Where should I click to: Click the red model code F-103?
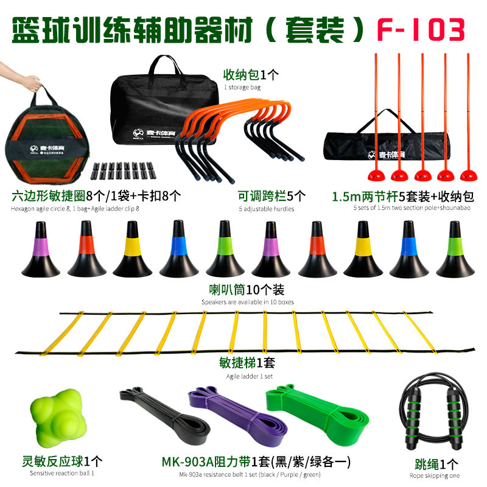[421, 29]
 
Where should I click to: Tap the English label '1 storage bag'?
[242, 87]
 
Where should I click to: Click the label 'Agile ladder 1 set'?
[250, 376]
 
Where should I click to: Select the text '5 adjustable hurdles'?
[267, 209]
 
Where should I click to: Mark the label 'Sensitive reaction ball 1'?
[62, 474]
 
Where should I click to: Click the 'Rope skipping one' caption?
[435, 476]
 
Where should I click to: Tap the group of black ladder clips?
[124, 170]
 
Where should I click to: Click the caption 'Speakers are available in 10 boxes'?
[248, 302]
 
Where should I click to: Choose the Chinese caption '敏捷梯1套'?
[247, 363]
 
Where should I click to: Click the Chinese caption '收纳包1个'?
[251, 74]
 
